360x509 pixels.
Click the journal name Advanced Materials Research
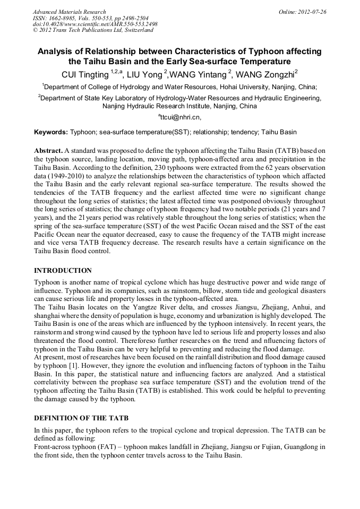69,11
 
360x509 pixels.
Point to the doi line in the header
95,24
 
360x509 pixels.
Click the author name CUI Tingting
85,74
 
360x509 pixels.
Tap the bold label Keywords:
51,132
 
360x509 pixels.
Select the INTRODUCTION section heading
63,271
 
